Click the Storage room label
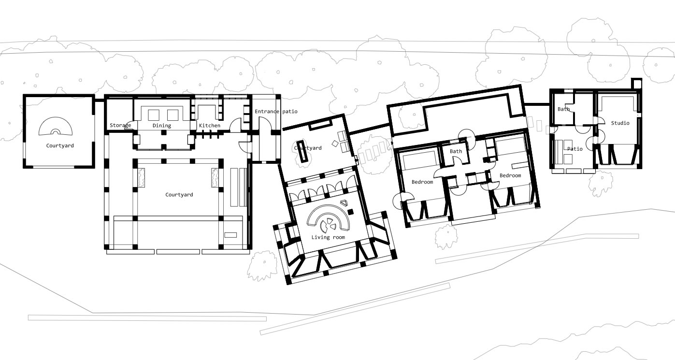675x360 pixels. click(120, 125)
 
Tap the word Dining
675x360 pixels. click(162, 125)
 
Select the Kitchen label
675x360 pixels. click(209, 125)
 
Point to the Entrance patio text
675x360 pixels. click(276, 112)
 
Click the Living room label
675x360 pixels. click(328, 237)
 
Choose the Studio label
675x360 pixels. click(620, 123)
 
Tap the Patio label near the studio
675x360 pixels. click(575, 149)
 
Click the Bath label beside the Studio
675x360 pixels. click(563, 109)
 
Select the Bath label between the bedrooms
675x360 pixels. click(456, 151)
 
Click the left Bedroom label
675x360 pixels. click(422, 182)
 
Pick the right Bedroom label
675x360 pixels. click(510, 175)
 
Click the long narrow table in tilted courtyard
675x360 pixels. click(302, 151)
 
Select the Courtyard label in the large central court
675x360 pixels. click(179, 195)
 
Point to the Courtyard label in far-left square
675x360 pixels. click(60, 145)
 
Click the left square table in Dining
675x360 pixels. click(154, 115)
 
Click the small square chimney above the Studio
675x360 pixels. click(636, 83)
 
